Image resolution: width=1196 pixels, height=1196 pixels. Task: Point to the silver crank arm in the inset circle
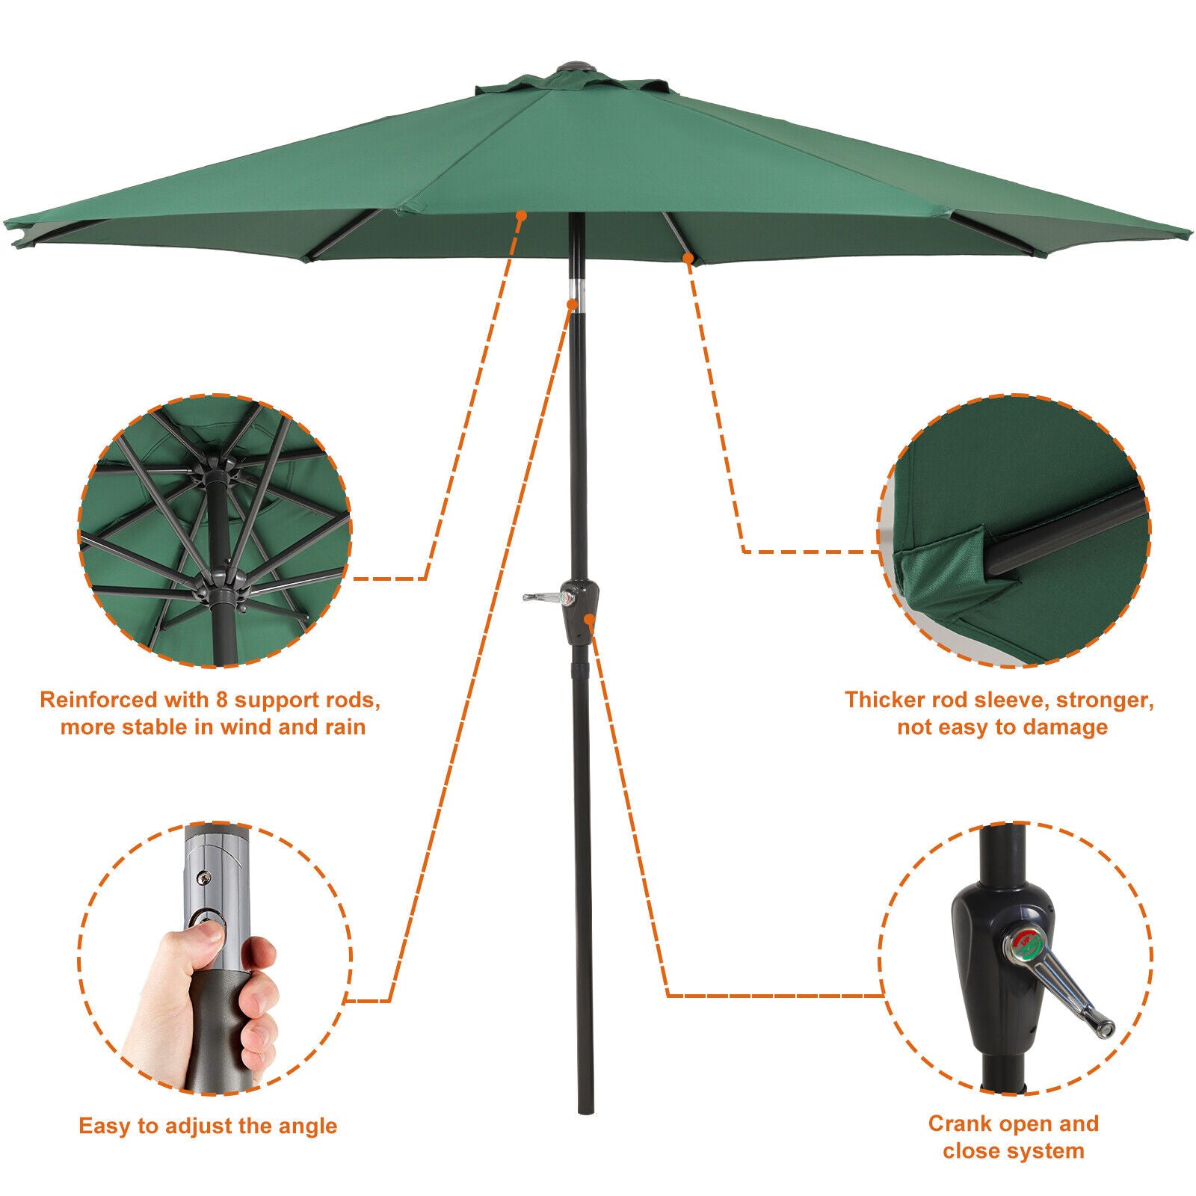pos(1070,994)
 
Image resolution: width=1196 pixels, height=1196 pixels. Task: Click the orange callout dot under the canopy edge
pos(521,215)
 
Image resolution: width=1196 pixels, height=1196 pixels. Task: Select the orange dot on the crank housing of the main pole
pos(590,618)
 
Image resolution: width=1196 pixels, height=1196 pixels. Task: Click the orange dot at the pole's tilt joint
pos(573,304)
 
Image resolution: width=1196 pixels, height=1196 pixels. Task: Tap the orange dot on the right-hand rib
pos(688,259)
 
